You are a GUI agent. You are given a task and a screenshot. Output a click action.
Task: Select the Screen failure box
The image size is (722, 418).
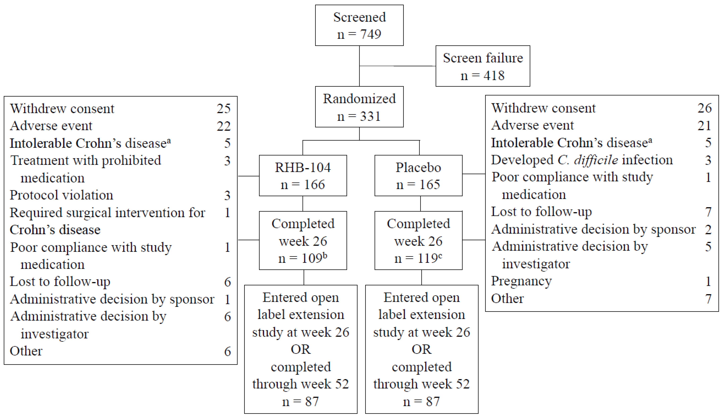(483, 66)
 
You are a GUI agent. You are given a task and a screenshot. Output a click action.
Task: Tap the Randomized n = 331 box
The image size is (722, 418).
(359, 107)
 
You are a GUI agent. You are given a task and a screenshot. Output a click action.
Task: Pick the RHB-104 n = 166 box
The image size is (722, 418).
(303, 176)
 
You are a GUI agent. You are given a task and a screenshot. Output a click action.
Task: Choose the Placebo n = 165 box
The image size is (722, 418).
(418, 176)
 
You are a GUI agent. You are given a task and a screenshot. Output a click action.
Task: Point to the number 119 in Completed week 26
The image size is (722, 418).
(427, 258)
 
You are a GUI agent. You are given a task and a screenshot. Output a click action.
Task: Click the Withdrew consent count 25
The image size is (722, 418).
(223, 109)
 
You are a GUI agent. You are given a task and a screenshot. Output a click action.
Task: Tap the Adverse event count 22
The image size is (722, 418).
(223, 126)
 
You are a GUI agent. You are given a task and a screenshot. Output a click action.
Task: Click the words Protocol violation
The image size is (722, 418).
(61, 195)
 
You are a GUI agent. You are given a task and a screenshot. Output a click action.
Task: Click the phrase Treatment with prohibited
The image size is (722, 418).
(85, 160)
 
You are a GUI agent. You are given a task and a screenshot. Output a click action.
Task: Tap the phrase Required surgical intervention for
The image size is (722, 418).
(107, 213)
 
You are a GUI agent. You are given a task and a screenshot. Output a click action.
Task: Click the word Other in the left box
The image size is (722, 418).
(26, 351)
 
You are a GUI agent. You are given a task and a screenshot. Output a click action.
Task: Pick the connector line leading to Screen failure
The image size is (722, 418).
(397, 66)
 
